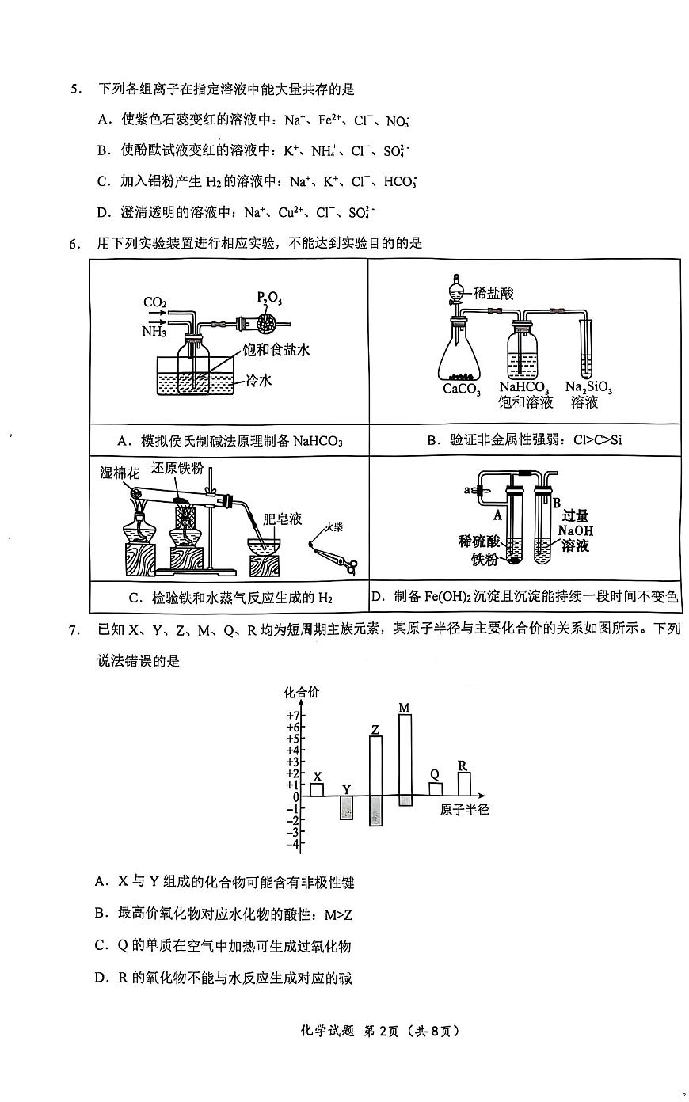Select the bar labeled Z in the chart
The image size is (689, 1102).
click(375, 781)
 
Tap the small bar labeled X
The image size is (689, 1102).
click(317, 789)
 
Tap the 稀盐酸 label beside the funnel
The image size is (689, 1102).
click(493, 293)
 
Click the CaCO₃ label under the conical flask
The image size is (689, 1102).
click(462, 389)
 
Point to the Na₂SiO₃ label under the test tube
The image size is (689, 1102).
click(588, 387)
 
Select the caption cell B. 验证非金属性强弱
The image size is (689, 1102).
click(524, 439)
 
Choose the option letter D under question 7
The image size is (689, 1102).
click(101, 978)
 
